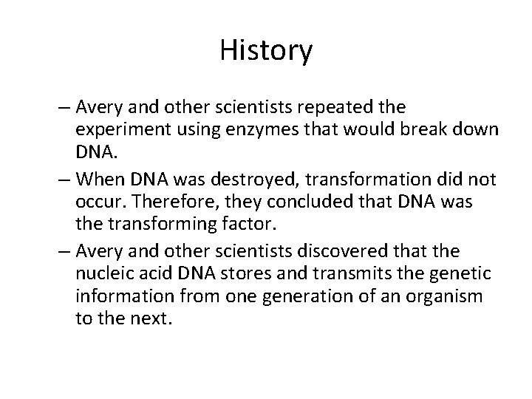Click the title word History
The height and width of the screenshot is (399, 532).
point(266,51)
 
